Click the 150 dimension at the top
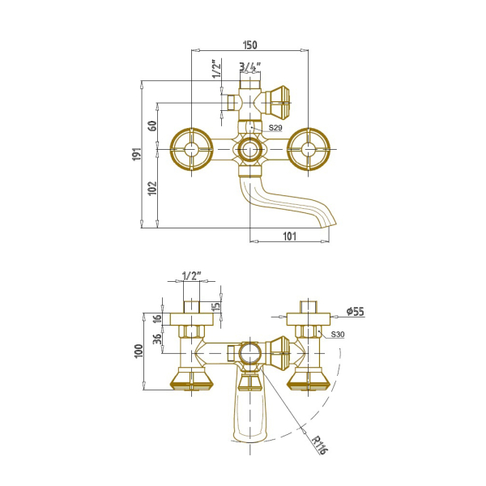[249, 45]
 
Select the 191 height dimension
[137, 154]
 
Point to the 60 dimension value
[153, 126]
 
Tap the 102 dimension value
[152, 188]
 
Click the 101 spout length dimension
[289, 237]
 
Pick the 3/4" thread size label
[250, 67]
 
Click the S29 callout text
[275, 127]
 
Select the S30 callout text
[338, 334]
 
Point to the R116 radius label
[319, 445]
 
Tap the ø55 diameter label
[356, 311]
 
